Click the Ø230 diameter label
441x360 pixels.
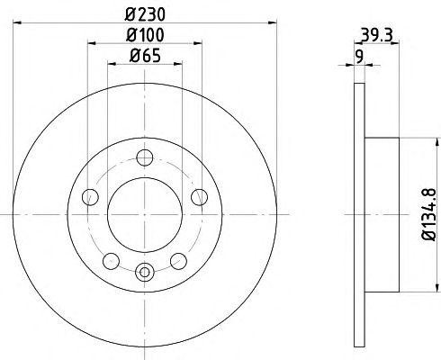coord(145,15)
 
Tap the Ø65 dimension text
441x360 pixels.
coord(145,58)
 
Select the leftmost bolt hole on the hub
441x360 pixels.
coord(88,198)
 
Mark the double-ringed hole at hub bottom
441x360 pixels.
coord(145,269)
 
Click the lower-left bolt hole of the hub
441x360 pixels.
coord(111,260)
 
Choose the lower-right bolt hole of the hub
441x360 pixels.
coord(179,260)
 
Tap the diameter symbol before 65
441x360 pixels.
coord(133,58)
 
